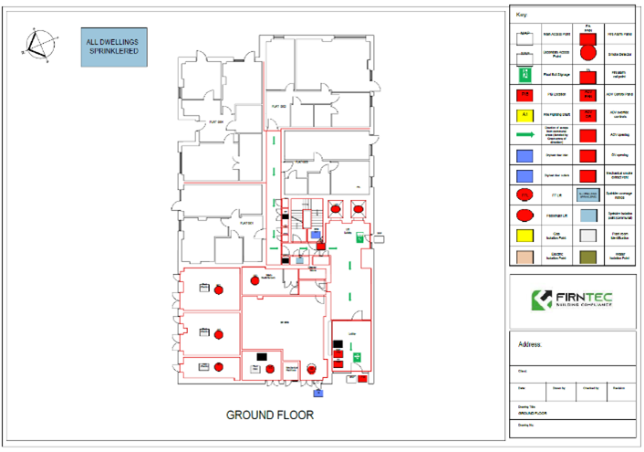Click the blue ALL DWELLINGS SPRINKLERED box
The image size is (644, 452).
[x=112, y=47]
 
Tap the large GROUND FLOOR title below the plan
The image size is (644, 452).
[x=269, y=415]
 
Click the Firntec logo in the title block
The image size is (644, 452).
[x=572, y=299]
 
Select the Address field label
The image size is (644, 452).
[x=530, y=345]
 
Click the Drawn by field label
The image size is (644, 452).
[x=559, y=388]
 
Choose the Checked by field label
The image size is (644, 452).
[x=589, y=388]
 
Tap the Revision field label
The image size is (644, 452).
[x=618, y=388]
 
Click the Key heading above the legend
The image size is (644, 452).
[x=522, y=15]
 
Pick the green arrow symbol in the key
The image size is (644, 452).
[x=525, y=135]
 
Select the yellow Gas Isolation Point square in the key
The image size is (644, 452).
[x=525, y=235]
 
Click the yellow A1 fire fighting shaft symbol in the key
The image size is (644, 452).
[x=525, y=115]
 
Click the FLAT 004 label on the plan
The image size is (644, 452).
[x=216, y=121]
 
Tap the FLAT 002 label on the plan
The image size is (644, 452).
[x=279, y=107]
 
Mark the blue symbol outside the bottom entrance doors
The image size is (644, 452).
[x=318, y=394]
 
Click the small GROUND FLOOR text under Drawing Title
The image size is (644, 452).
[x=531, y=413]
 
